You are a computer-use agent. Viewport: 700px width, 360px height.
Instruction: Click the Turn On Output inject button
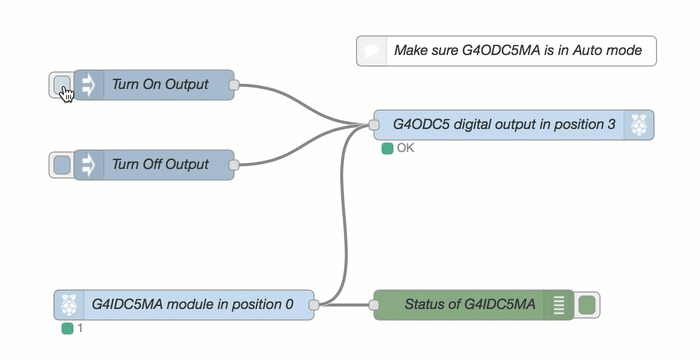click(x=61, y=85)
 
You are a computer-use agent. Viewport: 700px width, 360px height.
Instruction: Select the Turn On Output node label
click(x=160, y=85)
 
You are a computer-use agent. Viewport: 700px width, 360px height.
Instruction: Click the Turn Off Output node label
click(x=160, y=164)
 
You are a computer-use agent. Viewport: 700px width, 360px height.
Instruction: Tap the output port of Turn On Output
click(x=234, y=86)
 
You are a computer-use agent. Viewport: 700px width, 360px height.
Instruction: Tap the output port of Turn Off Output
click(x=234, y=164)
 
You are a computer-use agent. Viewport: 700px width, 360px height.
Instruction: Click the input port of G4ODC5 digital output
click(x=373, y=125)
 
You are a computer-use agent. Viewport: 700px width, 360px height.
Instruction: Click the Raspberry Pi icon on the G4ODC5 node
click(x=639, y=125)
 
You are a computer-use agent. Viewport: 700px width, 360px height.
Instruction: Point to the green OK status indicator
click(x=387, y=148)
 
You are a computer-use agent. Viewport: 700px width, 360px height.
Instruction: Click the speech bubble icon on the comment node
click(x=372, y=50)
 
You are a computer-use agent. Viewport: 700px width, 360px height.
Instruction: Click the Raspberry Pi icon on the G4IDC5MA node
click(x=68, y=305)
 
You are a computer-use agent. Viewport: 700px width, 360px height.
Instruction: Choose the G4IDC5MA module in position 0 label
click(x=192, y=305)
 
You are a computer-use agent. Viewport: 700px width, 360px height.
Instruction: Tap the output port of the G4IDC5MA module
click(x=314, y=305)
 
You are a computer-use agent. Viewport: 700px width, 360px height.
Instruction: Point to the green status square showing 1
click(x=67, y=328)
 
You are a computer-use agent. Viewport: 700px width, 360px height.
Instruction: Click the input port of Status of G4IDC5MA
click(x=373, y=305)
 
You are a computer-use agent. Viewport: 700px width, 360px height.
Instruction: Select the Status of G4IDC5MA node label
click(x=470, y=305)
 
